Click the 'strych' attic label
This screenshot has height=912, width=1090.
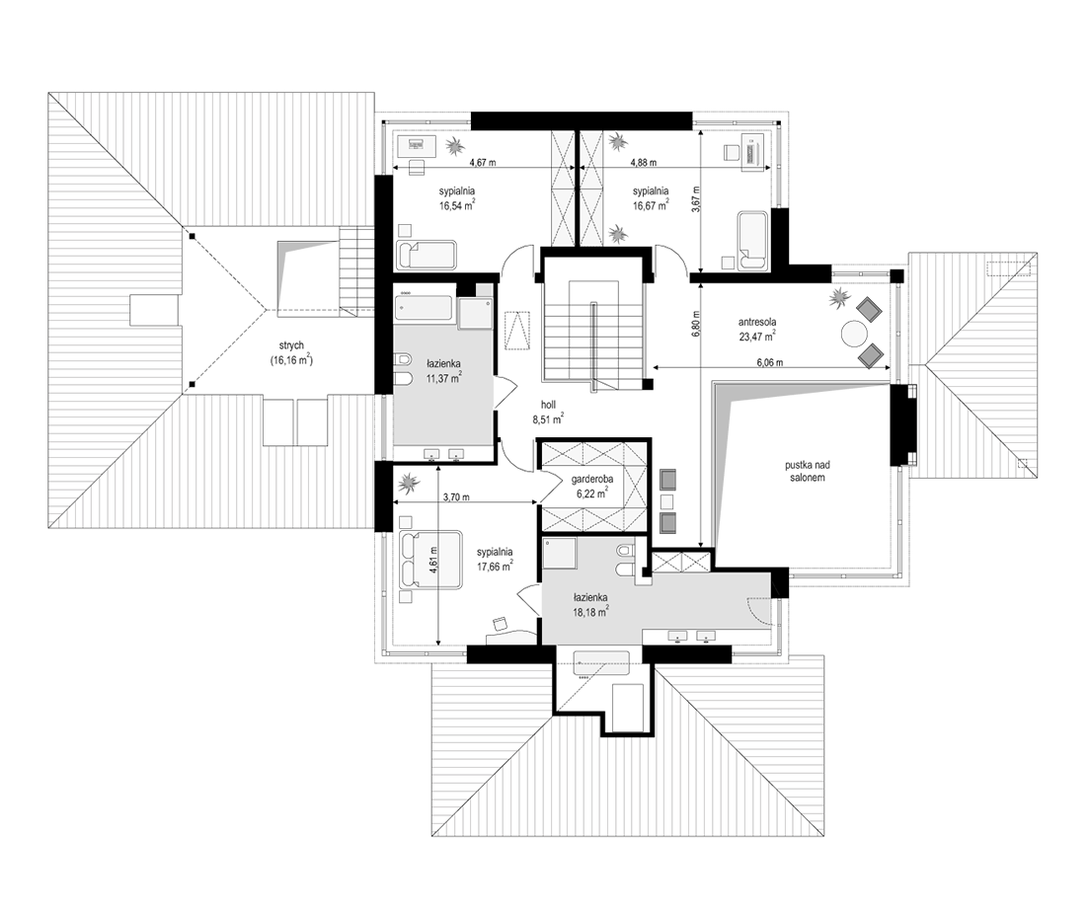(x=291, y=345)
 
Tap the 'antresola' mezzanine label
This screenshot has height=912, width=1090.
(x=757, y=322)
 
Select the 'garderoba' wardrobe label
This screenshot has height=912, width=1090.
(x=591, y=479)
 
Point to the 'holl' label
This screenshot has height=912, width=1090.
(x=548, y=405)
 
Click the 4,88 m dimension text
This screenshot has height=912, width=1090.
(x=643, y=163)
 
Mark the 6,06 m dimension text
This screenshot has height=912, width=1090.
(x=769, y=362)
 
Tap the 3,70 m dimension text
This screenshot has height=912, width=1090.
(x=455, y=497)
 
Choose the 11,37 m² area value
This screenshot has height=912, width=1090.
(x=445, y=379)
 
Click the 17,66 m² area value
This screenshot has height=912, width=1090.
(x=495, y=567)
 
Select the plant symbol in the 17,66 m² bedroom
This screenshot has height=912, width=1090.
(x=408, y=480)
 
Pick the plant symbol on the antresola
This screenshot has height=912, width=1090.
(x=837, y=300)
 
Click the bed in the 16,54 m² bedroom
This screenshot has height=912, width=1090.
(x=427, y=256)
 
